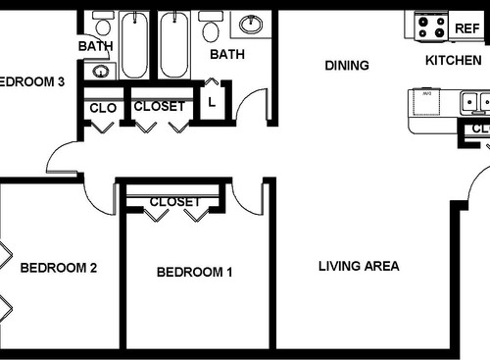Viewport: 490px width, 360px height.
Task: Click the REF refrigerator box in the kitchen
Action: click(x=466, y=28)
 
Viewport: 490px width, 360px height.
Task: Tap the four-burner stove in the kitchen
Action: click(x=429, y=26)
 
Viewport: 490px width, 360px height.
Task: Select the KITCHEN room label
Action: click(x=453, y=61)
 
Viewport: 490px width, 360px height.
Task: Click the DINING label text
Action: click(x=347, y=66)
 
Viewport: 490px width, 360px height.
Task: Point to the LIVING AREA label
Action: click(x=359, y=266)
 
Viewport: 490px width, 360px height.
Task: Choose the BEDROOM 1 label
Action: click(x=194, y=272)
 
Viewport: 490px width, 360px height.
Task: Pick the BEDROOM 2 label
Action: click(x=58, y=267)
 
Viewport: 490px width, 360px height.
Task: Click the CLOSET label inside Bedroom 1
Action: click(x=174, y=202)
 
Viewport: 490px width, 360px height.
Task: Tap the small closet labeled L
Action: click(x=212, y=101)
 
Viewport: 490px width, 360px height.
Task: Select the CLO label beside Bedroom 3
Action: click(x=103, y=108)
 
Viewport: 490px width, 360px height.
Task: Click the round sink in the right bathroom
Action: click(x=252, y=24)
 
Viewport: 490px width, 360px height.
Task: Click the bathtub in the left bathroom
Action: click(x=134, y=45)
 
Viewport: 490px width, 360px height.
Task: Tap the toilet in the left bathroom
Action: click(x=103, y=25)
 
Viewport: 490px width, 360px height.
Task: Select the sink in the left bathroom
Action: click(x=99, y=70)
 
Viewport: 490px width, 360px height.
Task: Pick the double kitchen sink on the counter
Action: click(x=475, y=101)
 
